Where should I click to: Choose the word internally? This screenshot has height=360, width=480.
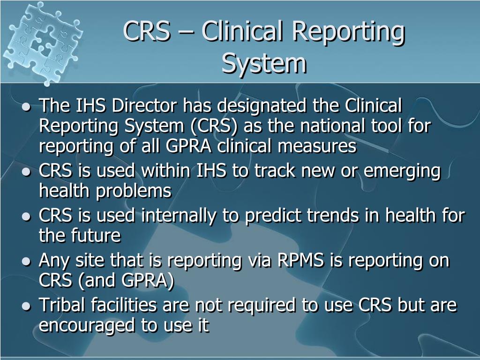[178, 216]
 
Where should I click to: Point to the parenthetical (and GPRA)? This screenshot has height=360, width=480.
[127, 281]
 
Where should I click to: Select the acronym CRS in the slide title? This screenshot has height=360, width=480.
[146, 31]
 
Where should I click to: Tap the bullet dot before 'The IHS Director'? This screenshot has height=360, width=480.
[27, 107]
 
